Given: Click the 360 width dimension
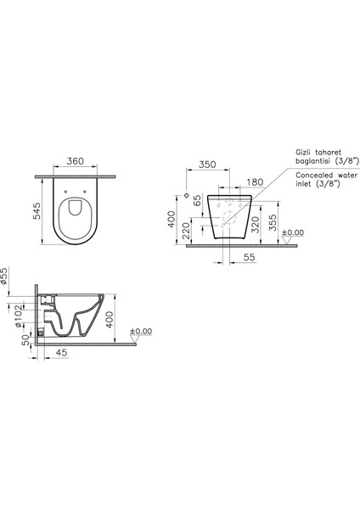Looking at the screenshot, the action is pyautogui.click(x=75, y=161).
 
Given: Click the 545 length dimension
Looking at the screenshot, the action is pyautogui.click(x=37, y=211).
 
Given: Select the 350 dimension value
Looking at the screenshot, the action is pyautogui.click(x=207, y=165).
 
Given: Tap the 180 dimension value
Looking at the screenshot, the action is pyautogui.click(x=255, y=182).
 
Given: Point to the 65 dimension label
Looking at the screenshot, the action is pyautogui.click(x=197, y=200).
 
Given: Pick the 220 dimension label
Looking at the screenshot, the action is pyautogui.click(x=187, y=231).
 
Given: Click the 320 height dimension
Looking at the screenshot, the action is pyautogui.click(x=256, y=225).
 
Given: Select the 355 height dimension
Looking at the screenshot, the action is pyautogui.click(x=273, y=222).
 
